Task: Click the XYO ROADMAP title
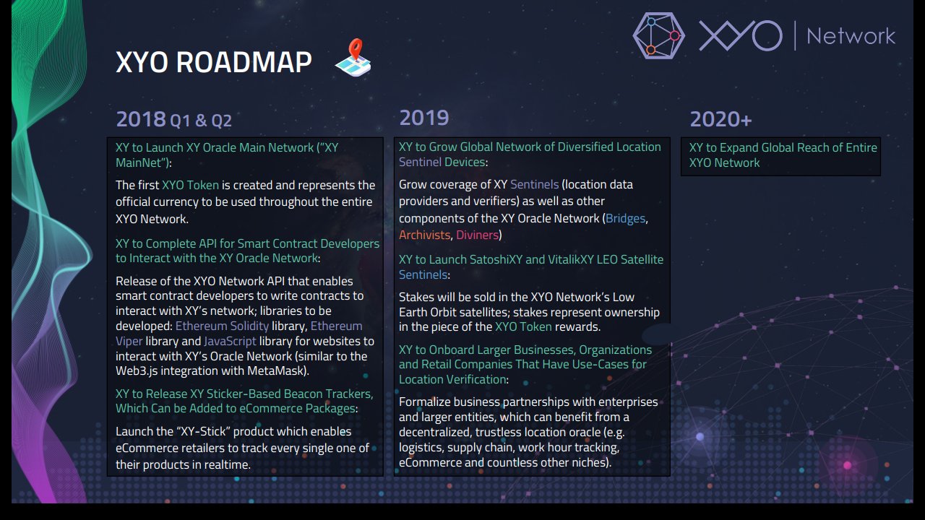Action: point(213,62)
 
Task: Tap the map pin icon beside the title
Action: point(353,57)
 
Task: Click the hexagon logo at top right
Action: point(658,35)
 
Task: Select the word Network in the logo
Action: point(851,36)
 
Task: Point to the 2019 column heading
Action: point(424,118)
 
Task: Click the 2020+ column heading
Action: point(720,119)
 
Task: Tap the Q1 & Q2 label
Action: point(201,121)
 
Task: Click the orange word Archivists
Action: point(424,235)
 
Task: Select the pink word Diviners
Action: point(478,235)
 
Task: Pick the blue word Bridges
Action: point(625,218)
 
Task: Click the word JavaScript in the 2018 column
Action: point(230,342)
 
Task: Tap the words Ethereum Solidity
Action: point(222,326)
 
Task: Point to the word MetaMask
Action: point(276,370)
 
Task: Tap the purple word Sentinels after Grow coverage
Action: point(534,184)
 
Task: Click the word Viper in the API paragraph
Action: point(129,342)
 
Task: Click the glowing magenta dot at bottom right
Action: point(848,466)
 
